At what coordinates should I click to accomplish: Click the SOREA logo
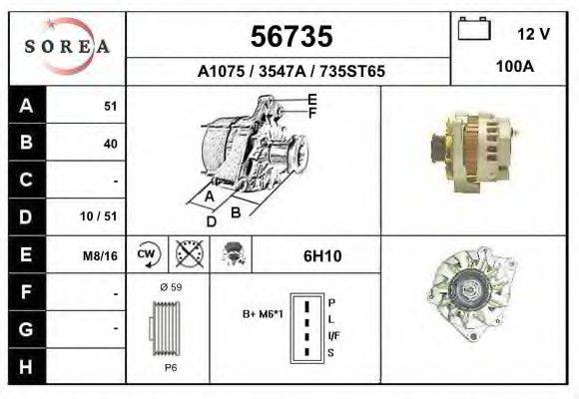pos(67,47)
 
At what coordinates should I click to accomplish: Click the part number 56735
pos(289,37)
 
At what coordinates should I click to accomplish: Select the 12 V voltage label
pos(533,34)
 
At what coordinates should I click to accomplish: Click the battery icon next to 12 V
pos(472,30)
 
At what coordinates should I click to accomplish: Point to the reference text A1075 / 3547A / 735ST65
pos(289,72)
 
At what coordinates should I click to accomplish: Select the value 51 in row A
pos(110,107)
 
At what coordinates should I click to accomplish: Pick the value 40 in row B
pos(110,144)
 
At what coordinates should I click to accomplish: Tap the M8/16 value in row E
pos(101,255)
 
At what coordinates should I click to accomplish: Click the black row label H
pos(26,366)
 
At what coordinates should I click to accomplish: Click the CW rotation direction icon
pos(148,255)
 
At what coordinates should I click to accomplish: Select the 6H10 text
pos(322,256)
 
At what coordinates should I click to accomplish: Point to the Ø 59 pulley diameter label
pos(170,288)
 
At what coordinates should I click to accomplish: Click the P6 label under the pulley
pos(170,367)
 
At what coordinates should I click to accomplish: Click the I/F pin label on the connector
pos(333,337)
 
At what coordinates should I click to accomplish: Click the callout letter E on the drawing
pos(311,99)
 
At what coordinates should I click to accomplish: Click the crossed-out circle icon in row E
pos(189,255)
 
